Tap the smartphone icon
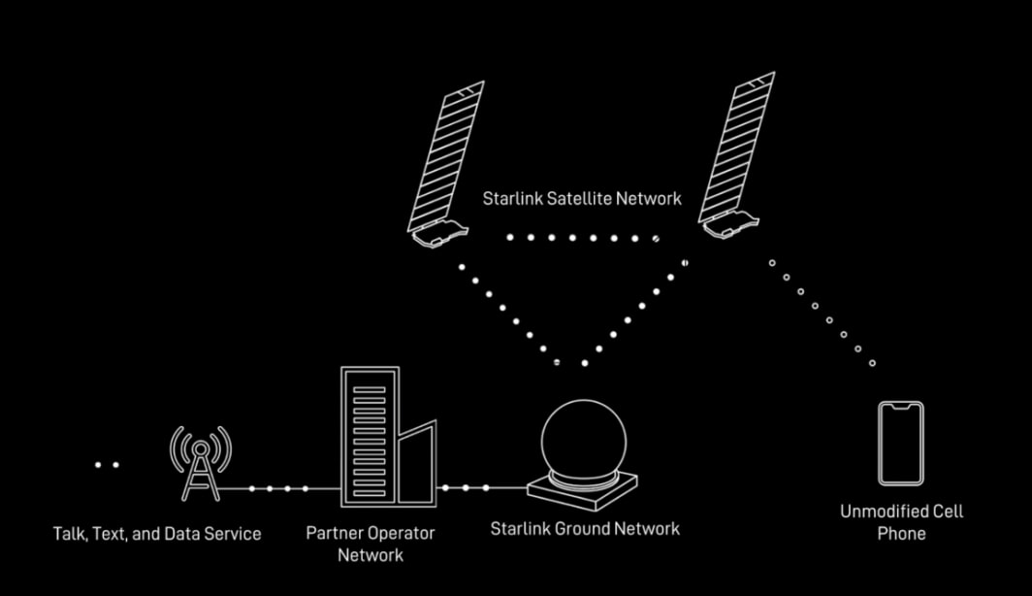pyautogui.click(x=900, y=444)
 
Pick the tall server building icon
pyautogui.click(x=370, y=437)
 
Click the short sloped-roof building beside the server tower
pyautogui.click(x=417, y=464)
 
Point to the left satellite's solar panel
pyautogui.click(x=446, y=155)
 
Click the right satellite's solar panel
pyautogui.click(x=736, y=147)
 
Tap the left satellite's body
pyautogui.click(x=439, y=235)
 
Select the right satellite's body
pyautogui.click(x=730, y=225)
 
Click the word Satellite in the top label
pyautogui.click(x=581, y=198)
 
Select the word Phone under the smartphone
pyautogui.click(x=901, y=534)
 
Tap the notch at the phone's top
pyautogui.click(x=900, y=408)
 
